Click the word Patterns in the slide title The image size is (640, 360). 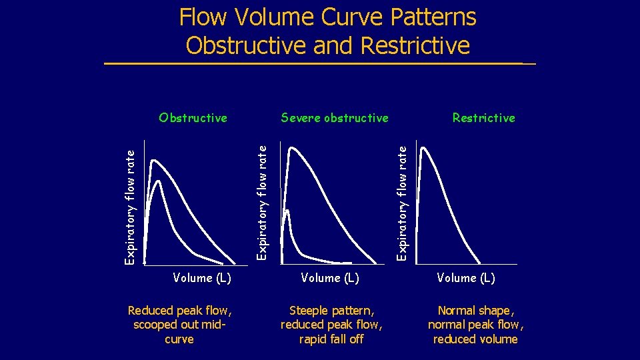coord(433,17)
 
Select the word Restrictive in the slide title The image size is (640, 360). coord(415,46)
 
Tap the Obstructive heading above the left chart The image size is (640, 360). coord(193,118)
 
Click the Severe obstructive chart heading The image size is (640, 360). coord(335,118)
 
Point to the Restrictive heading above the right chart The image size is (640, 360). coord(483,118)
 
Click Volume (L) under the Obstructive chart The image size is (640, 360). coord(202,278)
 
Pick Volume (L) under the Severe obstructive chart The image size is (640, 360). coord(330,278)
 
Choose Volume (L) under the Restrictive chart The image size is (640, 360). coord(466,278)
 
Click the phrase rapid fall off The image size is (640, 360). coord(331,339)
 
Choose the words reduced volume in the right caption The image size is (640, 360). coord(475,339)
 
